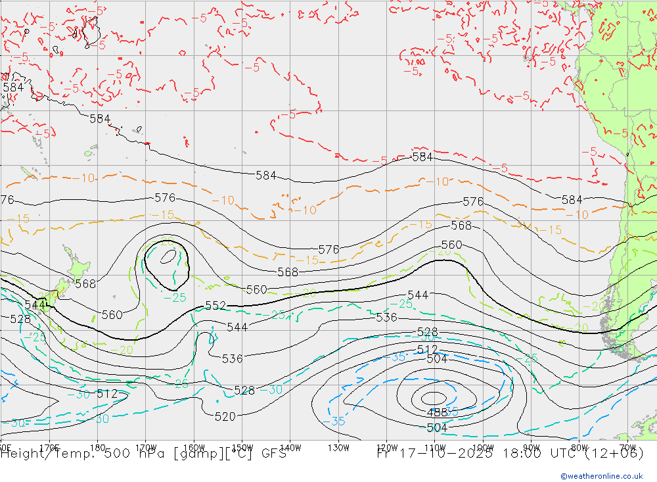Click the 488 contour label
point(437,413)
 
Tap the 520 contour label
point(225,416)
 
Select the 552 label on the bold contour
point(215,306)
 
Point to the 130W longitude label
point(339,447)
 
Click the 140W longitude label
point(290,447)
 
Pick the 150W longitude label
point(242,447)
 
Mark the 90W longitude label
point(531,447)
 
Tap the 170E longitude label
point(49,447)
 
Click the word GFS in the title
point(273,454)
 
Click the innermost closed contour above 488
point(434,397)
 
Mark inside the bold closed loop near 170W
point(167,263)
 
